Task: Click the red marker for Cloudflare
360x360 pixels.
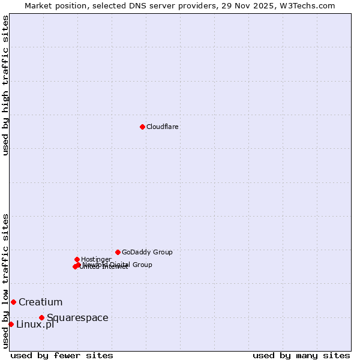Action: (142, 127)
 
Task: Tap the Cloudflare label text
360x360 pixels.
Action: (163, 127)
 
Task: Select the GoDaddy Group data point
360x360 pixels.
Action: (118, 252)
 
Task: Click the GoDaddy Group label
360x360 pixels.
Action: (147, 252)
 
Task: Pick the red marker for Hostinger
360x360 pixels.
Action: (77, 259)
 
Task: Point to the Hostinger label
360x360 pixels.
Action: (96, 259)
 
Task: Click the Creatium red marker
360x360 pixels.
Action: (13, 302)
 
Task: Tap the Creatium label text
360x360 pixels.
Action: (40, 302)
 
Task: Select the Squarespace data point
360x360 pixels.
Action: (41, 317)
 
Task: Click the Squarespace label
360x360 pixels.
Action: (77, 317)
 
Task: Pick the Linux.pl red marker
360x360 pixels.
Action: (11, 324)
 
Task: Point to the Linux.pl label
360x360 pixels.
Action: (35, 325)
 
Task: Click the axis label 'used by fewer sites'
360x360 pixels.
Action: (62, 355)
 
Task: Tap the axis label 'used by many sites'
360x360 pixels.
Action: (301, 355)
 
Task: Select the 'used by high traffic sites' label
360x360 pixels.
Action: (5, 85)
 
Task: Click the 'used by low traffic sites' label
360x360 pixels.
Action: (5, 280)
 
